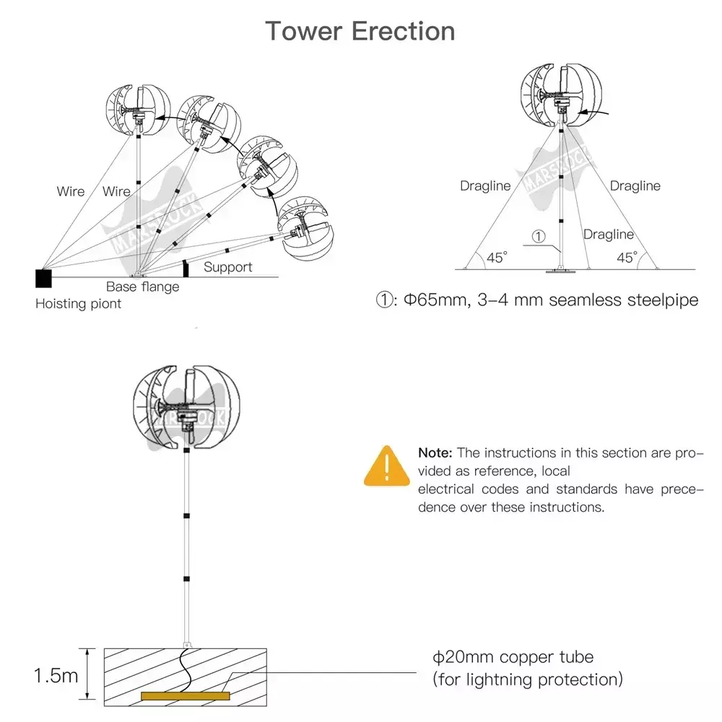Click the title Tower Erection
(360, 31)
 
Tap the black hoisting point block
(44, 279)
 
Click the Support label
(228, 267)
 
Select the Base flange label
(143, 287)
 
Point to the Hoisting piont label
(78, 304)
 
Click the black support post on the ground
(186, 269)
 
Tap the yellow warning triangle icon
(387, 466)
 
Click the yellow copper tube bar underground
(185, 696)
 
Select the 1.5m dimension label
(56, 676)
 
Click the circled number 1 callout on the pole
(539, 236)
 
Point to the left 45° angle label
(497, 258)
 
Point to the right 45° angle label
(627, 258)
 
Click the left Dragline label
(485, 186)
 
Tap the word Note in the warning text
(435, 453)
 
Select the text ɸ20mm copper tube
(513, 657)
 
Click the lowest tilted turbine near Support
(305, 228)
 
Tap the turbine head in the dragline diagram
(561, 95)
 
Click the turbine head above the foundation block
(186, 407)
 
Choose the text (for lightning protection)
(528, 679)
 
